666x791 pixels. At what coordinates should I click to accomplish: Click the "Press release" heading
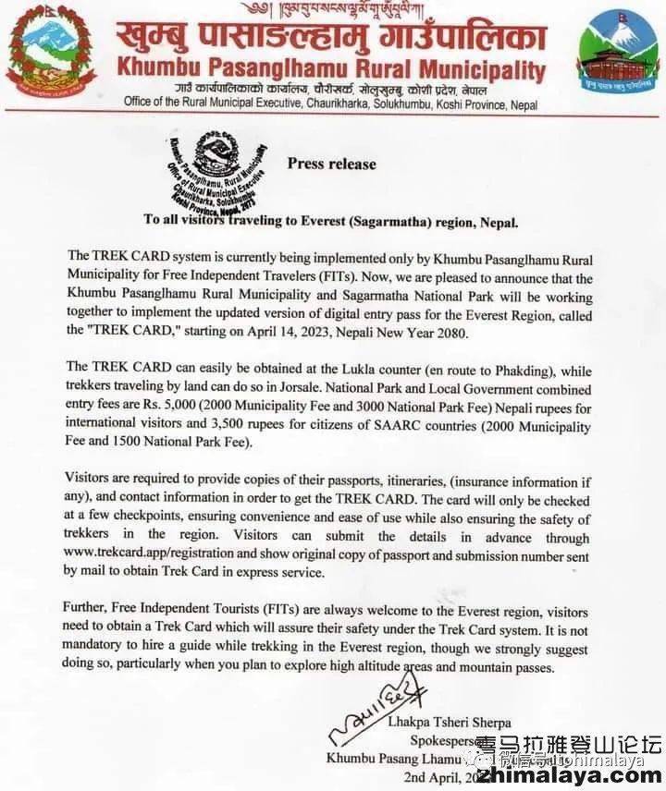point(331,164)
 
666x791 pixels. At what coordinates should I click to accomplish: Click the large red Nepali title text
point(330,37)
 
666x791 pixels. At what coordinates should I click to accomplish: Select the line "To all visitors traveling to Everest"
point(331,221)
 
